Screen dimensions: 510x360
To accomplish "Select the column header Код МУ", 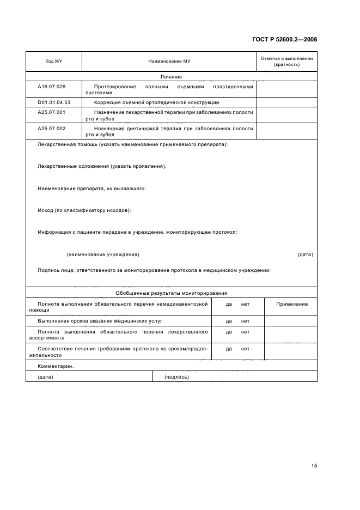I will (53, 62).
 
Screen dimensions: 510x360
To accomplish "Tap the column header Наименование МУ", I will (169, 62).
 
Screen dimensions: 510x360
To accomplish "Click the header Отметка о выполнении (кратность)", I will (286, 61).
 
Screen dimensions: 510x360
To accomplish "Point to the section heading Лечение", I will (171, 77).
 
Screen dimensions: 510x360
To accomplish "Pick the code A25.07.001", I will (51, 112).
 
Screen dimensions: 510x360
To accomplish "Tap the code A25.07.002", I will (51, 128).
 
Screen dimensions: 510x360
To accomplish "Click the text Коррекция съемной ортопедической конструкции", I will (157, 102).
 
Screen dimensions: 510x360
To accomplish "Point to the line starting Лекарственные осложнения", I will (102, 166).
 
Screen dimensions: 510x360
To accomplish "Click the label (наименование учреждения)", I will (102, 254).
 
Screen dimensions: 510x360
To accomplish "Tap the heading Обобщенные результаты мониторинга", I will (171, 293).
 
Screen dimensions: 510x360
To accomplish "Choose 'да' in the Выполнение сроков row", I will (229, 321).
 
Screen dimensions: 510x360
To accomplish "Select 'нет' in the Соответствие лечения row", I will (245, 348).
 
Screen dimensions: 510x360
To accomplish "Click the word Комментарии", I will (55, 366).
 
